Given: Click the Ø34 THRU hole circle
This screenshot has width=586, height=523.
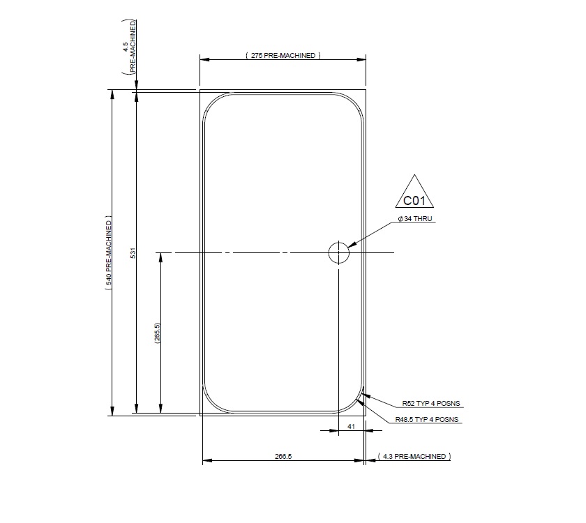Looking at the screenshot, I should tap(338, 252).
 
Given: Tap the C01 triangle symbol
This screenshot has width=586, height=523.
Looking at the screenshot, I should tap(414, 196).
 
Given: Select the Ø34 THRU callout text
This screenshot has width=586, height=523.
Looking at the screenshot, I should tap(416, 219).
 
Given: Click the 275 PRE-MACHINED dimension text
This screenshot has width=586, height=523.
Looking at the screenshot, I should tap(283, 55).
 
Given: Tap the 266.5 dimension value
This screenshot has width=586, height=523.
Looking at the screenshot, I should tap(283, 457).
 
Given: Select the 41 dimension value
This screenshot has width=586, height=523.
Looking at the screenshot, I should tap(351, 425).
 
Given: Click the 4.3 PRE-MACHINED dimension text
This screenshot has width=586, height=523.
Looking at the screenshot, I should tap(414, 457).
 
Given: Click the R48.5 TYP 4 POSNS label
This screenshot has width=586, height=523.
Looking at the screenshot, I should tap(426, 419).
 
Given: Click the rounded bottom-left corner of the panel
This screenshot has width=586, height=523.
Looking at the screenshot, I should tap(213, 402).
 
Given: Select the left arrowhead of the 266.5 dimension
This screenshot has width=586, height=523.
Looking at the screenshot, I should tap(206, 461).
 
